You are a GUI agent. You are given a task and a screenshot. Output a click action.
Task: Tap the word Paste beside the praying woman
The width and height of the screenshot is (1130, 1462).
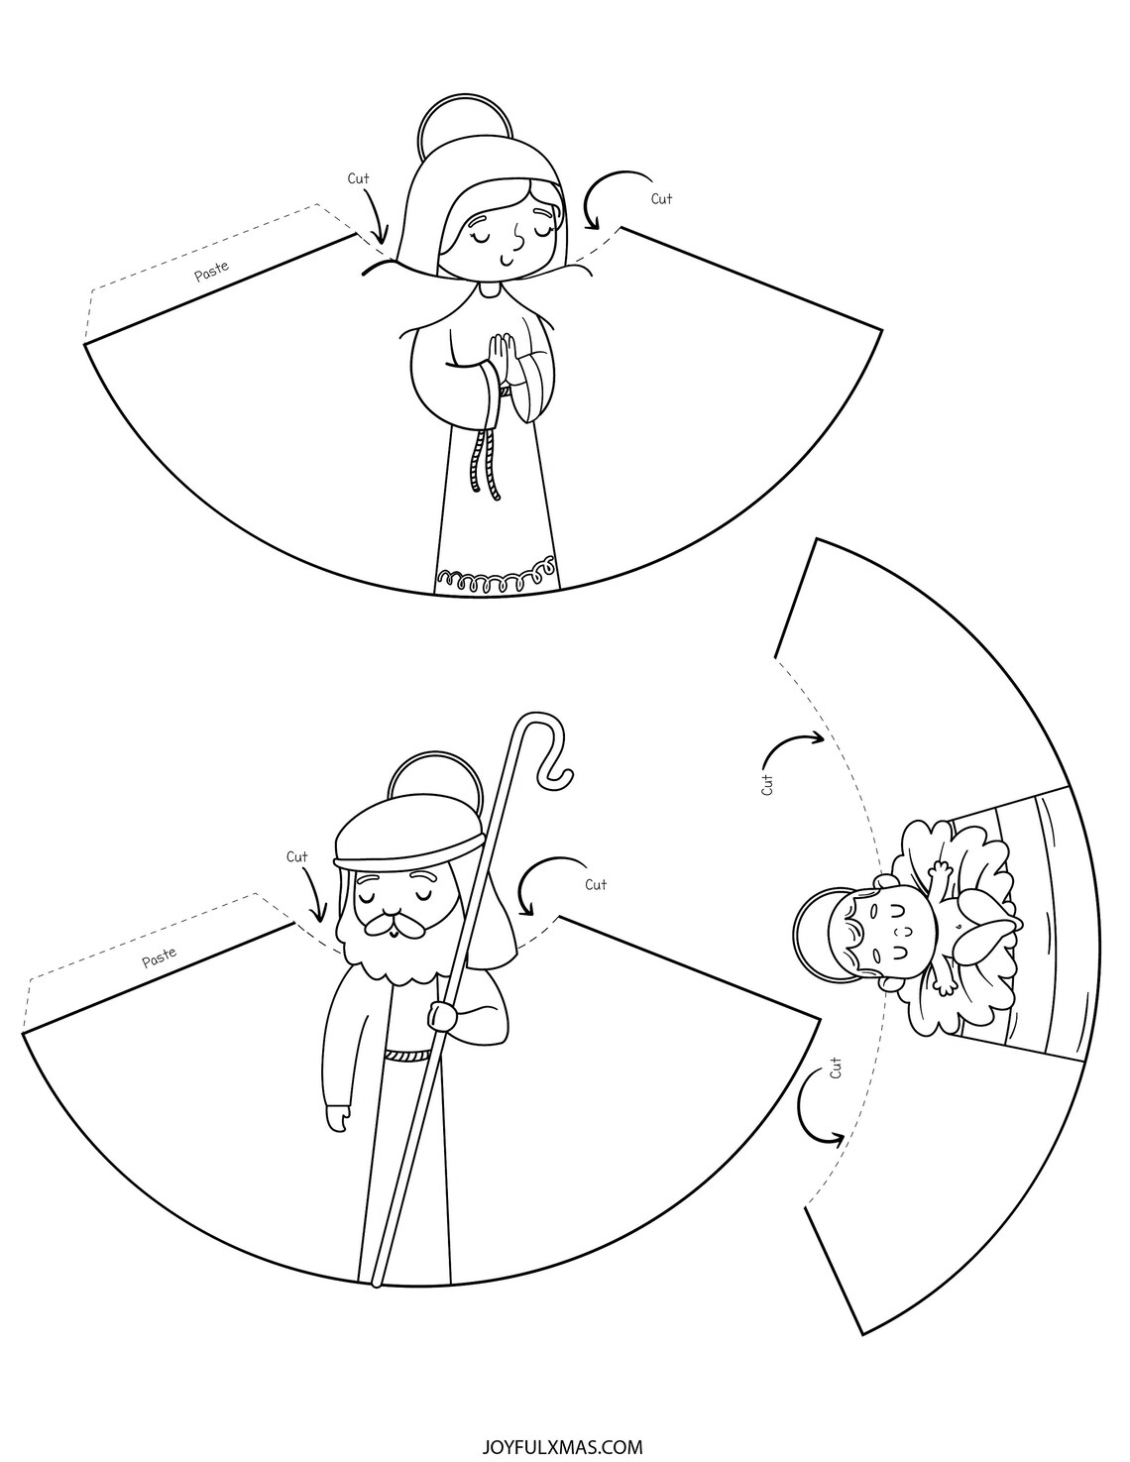click(x=212, y=270)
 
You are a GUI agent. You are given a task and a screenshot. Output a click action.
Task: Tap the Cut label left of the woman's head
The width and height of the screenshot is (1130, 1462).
click(x=358, y=178)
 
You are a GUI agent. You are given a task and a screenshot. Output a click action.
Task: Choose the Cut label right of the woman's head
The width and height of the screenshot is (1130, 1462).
click(x=662, y=199)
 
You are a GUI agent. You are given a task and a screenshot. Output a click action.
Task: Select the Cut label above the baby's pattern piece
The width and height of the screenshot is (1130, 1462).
click(x=768, y=785)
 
